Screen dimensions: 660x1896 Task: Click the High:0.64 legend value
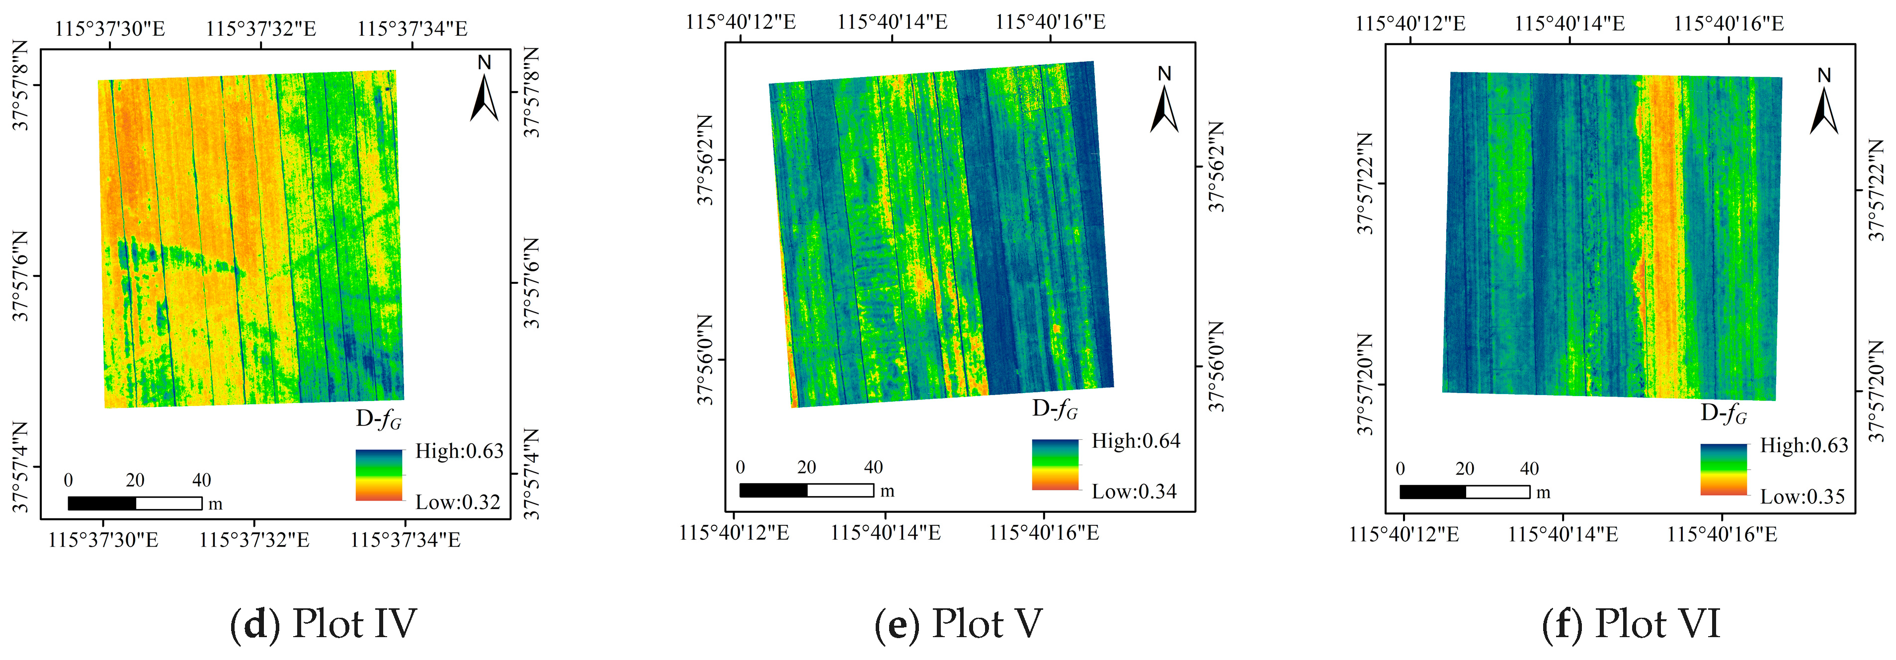click(x=1136, y=441)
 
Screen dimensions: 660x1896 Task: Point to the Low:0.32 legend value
click(x=458, y=502)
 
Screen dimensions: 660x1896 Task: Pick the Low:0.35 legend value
click(x=1803, y=496)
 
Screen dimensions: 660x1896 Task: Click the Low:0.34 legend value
click(x=1134, y=492)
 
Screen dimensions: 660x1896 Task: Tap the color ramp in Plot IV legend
click(x=379, y=475)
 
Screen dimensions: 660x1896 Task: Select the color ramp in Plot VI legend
click(x=1723, y=470)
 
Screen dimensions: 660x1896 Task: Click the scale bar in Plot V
click(x=806, y=490)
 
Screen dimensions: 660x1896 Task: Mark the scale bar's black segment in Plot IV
click(x=101, y=503)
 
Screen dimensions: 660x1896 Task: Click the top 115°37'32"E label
click(x=261, y=29)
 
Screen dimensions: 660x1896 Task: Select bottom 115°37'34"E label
click(x=406, y=540)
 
